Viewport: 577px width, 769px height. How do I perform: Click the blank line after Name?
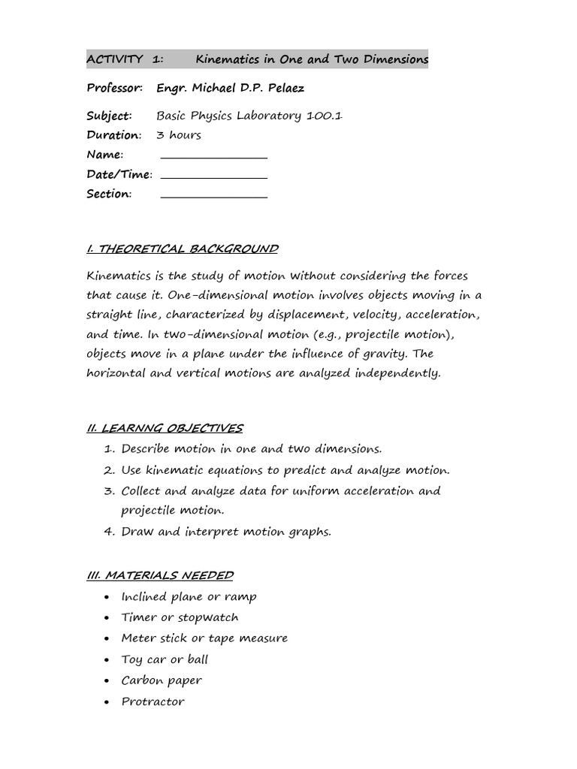click(x=214, y=158)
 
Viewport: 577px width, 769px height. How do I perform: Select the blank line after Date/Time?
click(x=214, y=178)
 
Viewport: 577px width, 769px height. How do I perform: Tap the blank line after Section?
click(x=214, y=198)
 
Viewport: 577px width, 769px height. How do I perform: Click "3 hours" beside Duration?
click(x=179, y=135)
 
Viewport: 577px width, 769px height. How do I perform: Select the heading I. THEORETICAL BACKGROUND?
click(x=183, y=249)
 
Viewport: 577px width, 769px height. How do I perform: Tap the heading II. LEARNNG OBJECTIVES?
click(x=165, y=428)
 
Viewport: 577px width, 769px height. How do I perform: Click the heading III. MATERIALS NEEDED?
click(x=160, y=575)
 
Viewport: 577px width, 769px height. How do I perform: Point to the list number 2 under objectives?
click(x=108, y=471)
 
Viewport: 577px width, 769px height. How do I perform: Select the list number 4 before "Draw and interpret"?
click(x=108, y=532)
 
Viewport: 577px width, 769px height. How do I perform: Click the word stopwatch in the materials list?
click(x=208, y=617)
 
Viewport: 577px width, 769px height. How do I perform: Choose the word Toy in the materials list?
click(x=132, y=659)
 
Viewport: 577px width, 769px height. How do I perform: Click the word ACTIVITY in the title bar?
click(x=115, y=59)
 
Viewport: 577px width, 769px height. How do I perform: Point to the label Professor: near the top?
click(x=114, y=89)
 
